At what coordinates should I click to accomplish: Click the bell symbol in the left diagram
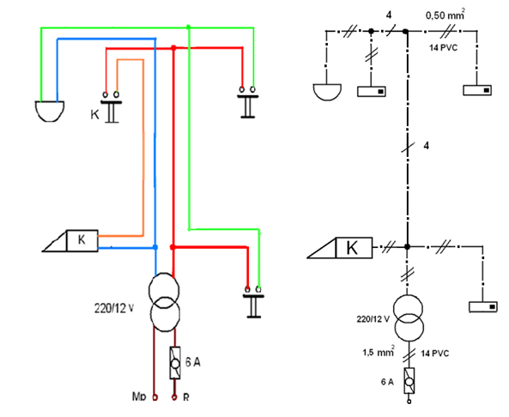[x=49, y=111]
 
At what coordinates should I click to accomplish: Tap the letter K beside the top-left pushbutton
[x=94, y=115]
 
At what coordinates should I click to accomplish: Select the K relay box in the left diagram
[x=82, y=240]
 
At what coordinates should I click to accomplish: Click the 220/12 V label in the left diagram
[x=114, y=308]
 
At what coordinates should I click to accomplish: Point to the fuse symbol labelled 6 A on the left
[x=175, y=363]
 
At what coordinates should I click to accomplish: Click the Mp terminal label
[x=139, y=396]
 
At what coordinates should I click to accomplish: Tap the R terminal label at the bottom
[x=186, y=397]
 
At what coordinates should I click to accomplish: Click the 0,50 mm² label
[x=445, y=15]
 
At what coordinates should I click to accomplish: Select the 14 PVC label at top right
[x=443, y=48]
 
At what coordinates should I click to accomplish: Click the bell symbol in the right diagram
[x=327, y=92]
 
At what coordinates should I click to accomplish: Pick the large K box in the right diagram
[x=354, y=248]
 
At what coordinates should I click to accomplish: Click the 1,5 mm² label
[x=379, y=352]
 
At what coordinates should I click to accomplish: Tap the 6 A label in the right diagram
[x=387, y=382]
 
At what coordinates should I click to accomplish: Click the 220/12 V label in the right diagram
[x=373, y=319]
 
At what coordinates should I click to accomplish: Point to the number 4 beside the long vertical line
[x=427, y=146]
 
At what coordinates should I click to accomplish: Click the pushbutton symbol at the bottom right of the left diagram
[x=253, y=301]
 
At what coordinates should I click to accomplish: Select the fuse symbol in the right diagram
[x=409, y=381]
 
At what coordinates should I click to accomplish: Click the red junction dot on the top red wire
[x=173, y=48]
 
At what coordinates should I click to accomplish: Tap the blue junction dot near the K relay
[x=155, y=247]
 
